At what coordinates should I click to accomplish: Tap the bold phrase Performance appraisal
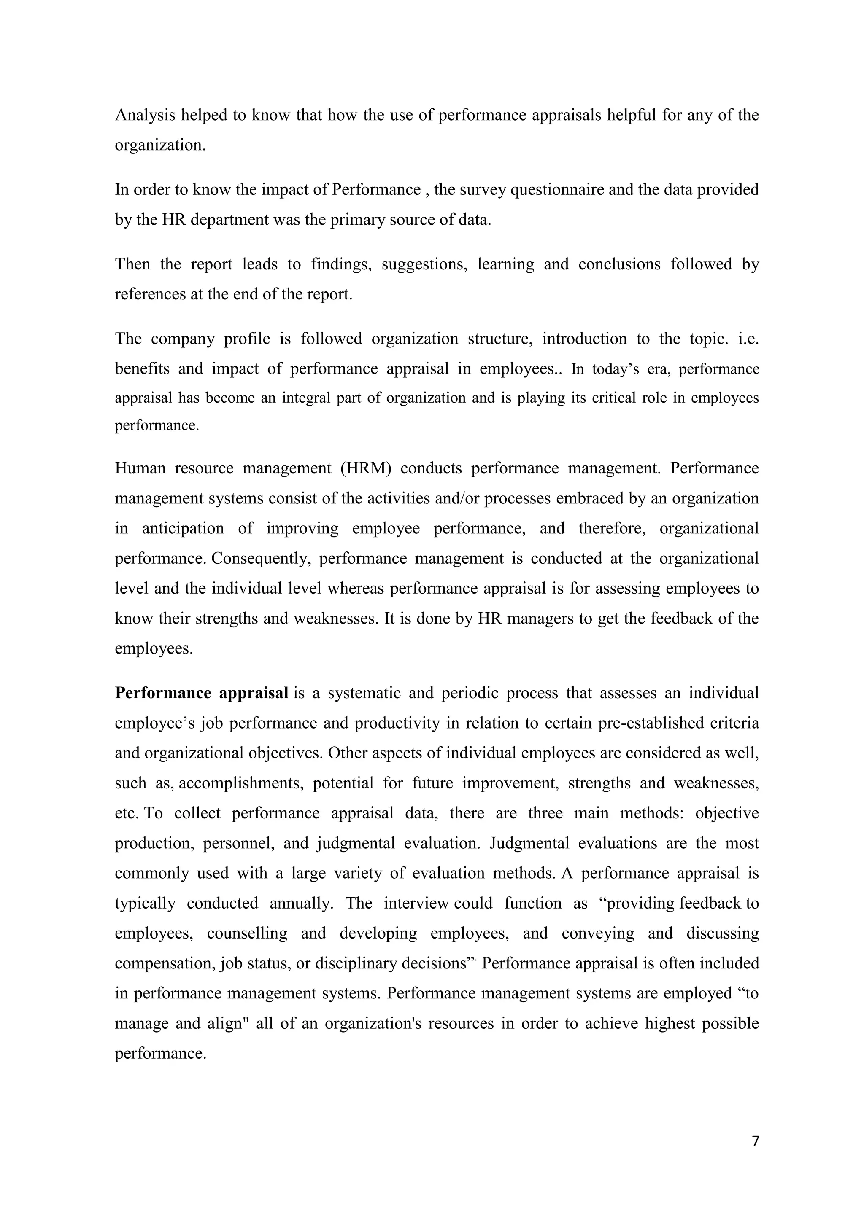202,694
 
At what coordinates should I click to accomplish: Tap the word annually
302,904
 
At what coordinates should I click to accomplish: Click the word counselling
247,933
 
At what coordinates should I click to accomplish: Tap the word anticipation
183,529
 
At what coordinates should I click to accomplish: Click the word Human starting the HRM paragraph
140,468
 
